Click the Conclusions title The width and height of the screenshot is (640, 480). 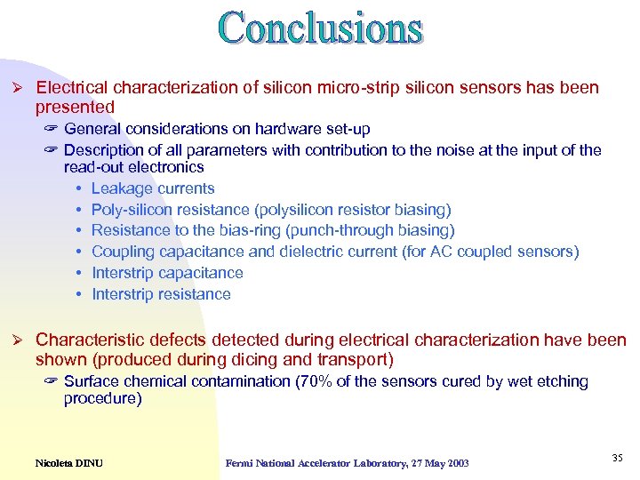click(320, 28)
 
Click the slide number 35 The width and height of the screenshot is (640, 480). click(617, 457)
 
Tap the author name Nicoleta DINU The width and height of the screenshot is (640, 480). click(68, 463)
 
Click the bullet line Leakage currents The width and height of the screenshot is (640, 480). click(153, 188)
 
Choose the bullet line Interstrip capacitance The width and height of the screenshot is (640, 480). click(167, 273)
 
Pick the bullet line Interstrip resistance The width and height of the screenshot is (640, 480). click(161, 294)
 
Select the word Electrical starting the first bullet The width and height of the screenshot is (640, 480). click(71, 88)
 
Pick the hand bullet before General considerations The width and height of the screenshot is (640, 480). click(51, 130)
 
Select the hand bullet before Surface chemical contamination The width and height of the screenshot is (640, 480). click(51, 381)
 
